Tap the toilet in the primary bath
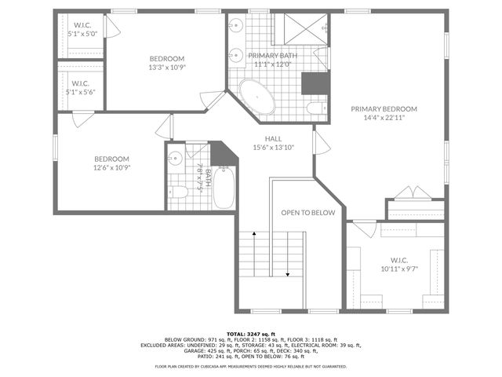(315, 108)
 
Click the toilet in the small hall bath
(179, 191)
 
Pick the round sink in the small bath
(176, 158)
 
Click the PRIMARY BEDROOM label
(384, 109)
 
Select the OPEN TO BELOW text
(308, 213)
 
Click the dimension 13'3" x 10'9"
(167, 68)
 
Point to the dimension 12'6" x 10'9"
(111, 167)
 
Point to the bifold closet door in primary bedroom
(411, 193)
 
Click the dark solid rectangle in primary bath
(317, 82)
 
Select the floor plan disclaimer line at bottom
(250, 366)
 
